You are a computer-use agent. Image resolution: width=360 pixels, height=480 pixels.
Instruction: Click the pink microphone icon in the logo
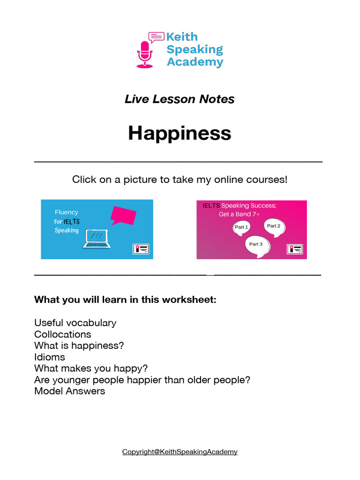pyautogui.click(x=145, y=53)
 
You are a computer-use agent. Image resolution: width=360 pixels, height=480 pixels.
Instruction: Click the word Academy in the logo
pyautogui.click(x=195, y=62)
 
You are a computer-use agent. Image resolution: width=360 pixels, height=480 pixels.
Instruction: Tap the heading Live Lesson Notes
pyautogui.click(x=180, y=99)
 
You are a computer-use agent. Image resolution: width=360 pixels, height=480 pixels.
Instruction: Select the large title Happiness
pyautogui.click(x=180, y=133)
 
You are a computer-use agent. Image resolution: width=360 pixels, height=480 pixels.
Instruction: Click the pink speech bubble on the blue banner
pyautogui.click(x=123, y=215)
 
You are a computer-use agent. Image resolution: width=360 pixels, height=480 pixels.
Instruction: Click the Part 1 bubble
pyautogui.click(x=241, y=227)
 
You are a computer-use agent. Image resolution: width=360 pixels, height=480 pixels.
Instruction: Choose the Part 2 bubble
pyautogui.click(x=273, y=226)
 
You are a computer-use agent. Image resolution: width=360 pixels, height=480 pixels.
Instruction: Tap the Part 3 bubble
pyautogui.click(x=256, y=244)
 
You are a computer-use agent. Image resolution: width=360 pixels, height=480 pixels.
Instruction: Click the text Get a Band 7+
pyautogui.click(x=239, y=214)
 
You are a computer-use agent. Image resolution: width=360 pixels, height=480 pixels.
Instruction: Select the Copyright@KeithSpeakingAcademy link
pyautogui.click(x=180, y=452)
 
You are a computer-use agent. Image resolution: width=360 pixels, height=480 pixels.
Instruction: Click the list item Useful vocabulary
pyautogui.click(x=75, y=323)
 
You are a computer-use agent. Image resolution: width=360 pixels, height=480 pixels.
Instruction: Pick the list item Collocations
pyautogui.click(x=63, y=334)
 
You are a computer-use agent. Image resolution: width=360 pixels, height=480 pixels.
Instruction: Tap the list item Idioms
pyautogui.click(x=50, y=357)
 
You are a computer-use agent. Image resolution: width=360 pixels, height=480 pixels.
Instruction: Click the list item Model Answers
pyautogui.click(x=70, y=391)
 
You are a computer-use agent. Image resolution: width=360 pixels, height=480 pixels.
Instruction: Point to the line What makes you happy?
pyautogui.click(x=91, y=368)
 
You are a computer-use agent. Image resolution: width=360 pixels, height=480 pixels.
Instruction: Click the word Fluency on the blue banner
pyautogui.click(x=67, y=212)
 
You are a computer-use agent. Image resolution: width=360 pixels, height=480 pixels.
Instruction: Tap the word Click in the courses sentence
pyautogui.click(x=84, y=180)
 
